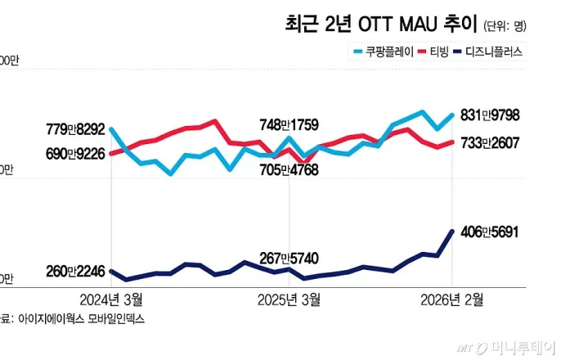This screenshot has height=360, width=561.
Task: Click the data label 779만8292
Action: click(x=75, y=128)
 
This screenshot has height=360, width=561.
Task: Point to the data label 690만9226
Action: click(x=75, y=152)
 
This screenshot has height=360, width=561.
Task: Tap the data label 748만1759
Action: click(x=288, y=125)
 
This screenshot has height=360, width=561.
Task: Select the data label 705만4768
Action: click(x=288, y=169)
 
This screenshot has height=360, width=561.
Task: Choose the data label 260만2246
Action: click(x=75, y=272)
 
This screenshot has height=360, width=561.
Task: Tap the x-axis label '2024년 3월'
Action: click(x=111, y=299)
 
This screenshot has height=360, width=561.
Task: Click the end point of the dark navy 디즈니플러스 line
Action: click(x=452, y=231)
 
